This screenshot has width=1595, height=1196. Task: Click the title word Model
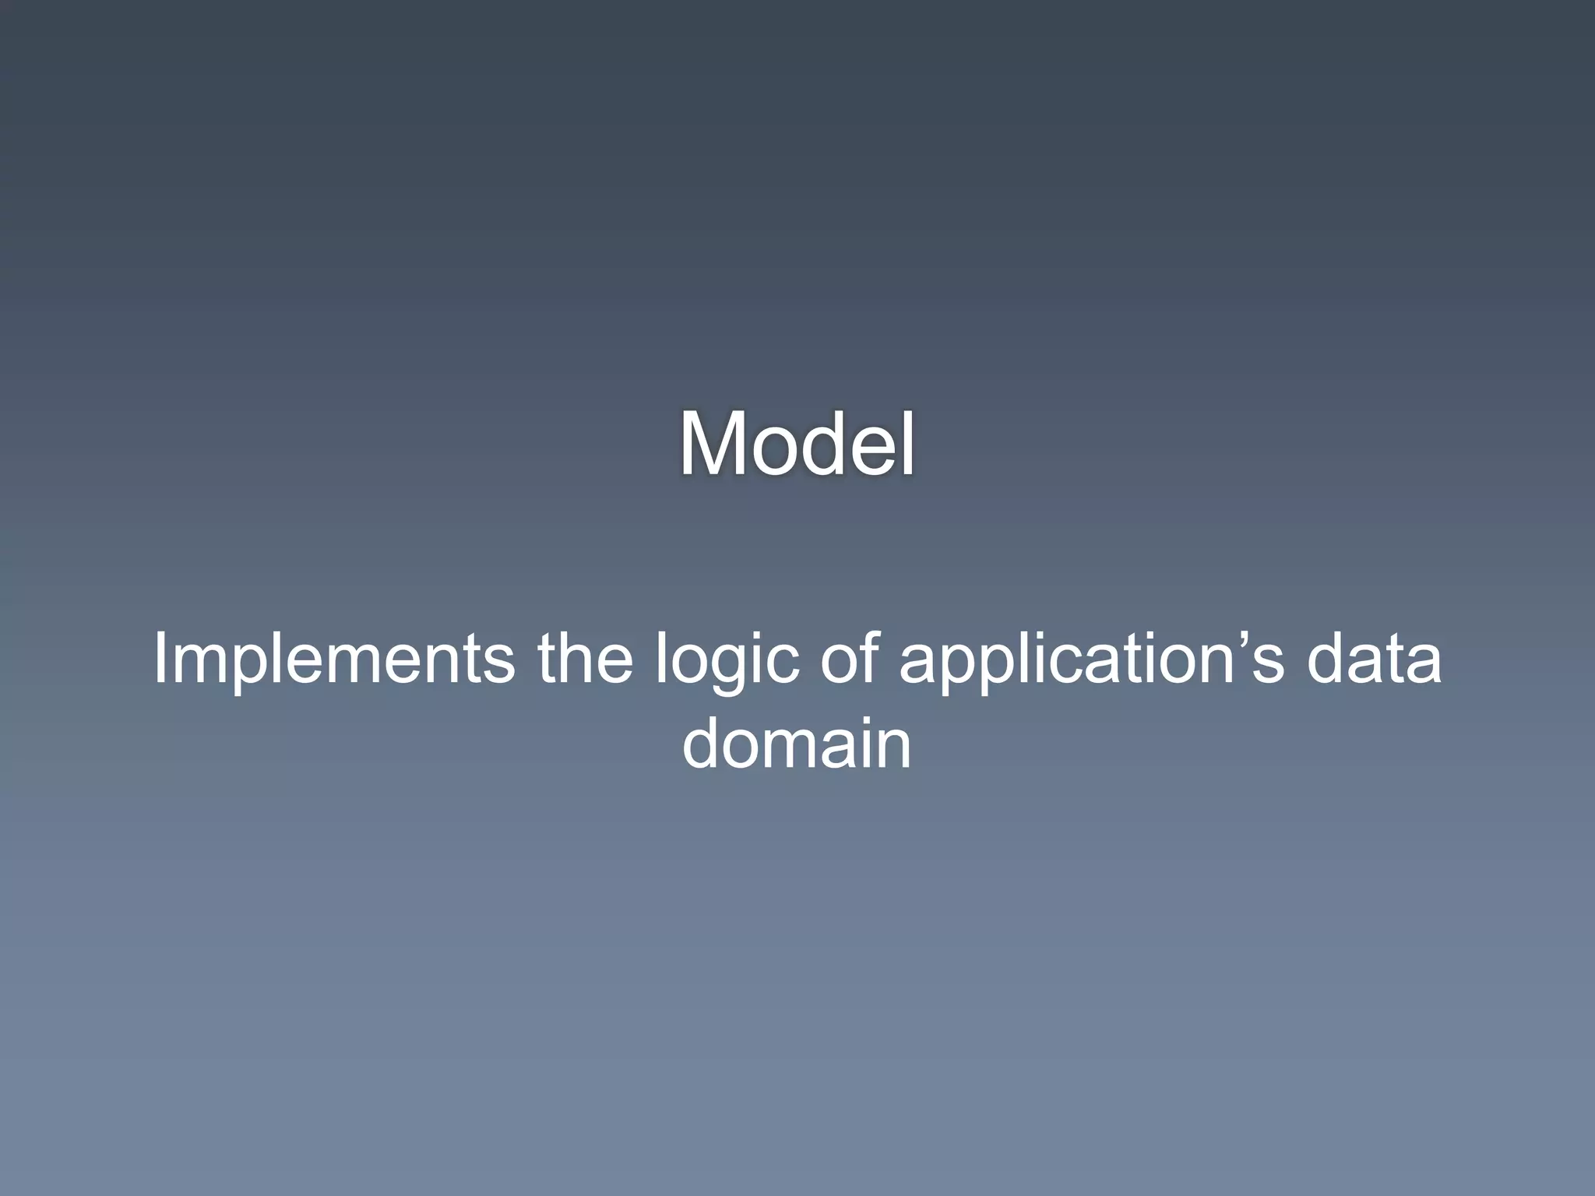coord(797,444)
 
